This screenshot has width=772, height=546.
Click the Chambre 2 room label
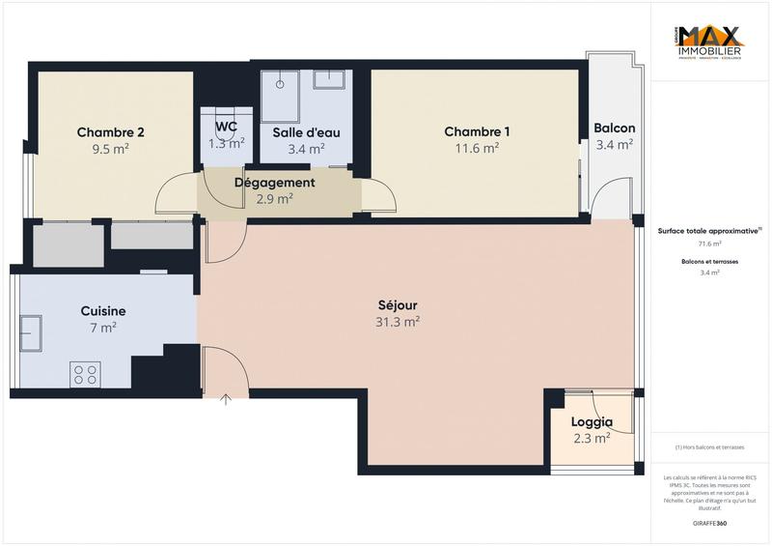tap(111, 132)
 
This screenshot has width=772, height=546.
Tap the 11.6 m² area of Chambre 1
tap(477, 149)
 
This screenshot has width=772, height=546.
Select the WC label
tap(227, 127)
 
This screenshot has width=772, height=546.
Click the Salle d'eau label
tap(306, 132)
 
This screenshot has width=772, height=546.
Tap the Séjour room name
tap(398, 305)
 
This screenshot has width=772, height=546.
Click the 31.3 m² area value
tap(398, 323)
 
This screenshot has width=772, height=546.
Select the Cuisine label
tap(102, 311)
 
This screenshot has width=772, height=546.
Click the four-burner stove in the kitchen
tap(85, 374)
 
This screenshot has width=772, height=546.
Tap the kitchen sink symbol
tap(29, 332)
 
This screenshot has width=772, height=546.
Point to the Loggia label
tap(592, 422)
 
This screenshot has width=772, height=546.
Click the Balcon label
tap(614, 129)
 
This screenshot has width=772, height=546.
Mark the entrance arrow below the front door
tap(227, 399)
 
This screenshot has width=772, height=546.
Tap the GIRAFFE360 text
tap(709, 523)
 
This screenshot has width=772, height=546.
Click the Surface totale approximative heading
tap(709, 231)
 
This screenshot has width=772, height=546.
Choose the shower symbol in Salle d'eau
tap(282, 84)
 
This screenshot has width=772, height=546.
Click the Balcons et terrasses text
tap(709, 262)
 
